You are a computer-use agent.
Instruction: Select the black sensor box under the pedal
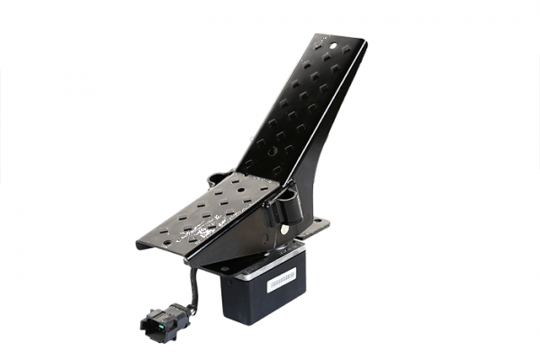[265, 288]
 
